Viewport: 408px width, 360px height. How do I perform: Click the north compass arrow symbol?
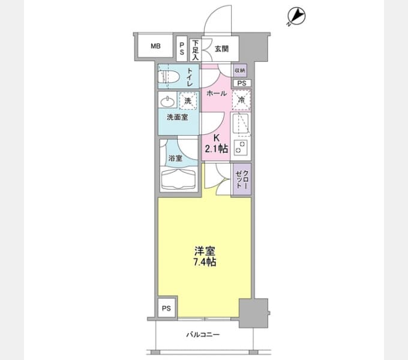(x=296, y=17)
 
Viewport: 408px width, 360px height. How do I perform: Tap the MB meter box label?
(x=155, y=46)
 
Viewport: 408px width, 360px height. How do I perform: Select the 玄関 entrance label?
(x=221, y=49)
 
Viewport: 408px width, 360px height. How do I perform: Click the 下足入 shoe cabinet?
(x=196, y=50)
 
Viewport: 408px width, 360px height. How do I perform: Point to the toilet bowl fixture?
(x=169, y=77)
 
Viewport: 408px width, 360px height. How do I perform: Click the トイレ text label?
(x=190, y=77)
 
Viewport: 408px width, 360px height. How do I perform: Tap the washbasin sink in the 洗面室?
(x=167, y=102)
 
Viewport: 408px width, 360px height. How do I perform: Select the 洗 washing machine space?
(x=188, y=101)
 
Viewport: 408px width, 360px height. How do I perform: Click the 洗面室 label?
(x=177, y=118)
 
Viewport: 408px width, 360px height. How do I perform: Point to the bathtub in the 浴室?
(x=179, y=179)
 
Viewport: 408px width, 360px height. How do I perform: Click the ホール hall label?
(x=217, y=93)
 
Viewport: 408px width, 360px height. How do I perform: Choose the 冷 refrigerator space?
(x=241, y=100)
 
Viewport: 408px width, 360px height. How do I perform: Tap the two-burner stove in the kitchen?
(x=241, y=147)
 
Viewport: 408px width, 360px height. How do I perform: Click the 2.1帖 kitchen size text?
(x=217, y=149)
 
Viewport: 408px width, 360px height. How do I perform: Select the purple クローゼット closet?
(x=242, y=179)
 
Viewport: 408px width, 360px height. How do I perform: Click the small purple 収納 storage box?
(x=240, y=70)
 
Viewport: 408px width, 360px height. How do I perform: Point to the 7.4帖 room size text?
(x=205, y=262)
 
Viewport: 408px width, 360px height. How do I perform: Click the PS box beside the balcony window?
(x=167, y=308)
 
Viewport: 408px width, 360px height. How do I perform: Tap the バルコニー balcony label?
(x=203, y=335)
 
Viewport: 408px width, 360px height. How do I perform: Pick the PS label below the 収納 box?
(x=242, y=83)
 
